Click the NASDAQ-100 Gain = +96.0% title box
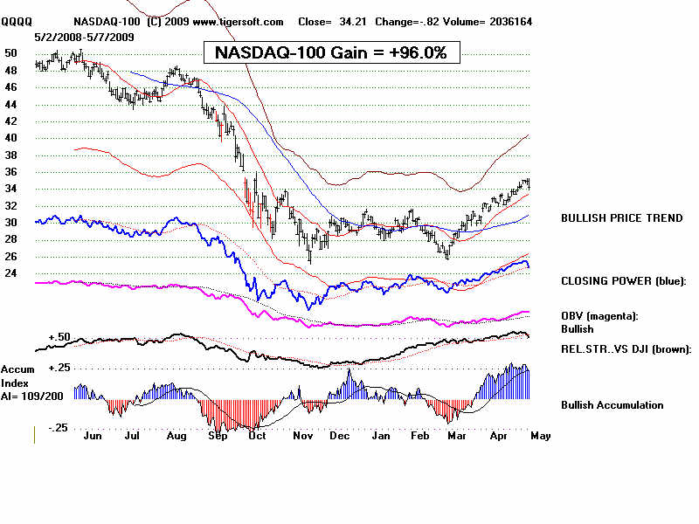(x=331, y=52)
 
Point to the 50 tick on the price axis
(x=11, y=53)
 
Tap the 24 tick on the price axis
(x=11, y=273)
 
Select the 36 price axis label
(x=11, y=172)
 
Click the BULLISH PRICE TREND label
(x=622, y=217)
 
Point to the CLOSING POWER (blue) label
(x=624, y=280)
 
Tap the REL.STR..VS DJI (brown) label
(x=626, y=348)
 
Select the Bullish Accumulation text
(x=612, y=405)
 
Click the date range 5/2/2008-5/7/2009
(x=86, y=37)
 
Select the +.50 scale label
(x=59, y=337)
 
